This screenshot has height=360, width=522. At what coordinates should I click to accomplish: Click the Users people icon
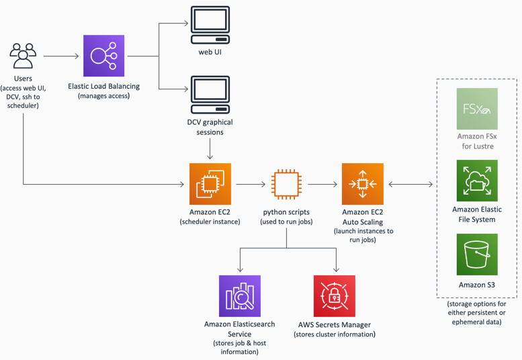(23, 56)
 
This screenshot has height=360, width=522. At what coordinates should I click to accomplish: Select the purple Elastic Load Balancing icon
(104, 56)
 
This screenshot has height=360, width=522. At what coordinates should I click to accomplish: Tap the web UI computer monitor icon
(210, 25)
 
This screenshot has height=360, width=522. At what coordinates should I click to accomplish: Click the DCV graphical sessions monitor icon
(210, 95)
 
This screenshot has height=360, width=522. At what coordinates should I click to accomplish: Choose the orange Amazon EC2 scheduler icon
(210, 183)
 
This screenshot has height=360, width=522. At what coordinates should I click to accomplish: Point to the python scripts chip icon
(286, 183)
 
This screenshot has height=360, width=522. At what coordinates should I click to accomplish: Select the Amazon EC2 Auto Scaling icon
(362, 183)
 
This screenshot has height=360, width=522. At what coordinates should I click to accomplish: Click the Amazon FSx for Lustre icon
(477, 109)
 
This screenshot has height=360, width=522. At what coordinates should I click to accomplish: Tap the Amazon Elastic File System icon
(477, 181)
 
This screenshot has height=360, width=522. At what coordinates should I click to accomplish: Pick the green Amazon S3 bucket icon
(477, 254)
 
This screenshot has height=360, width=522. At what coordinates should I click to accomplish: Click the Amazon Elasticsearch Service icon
(240, 296)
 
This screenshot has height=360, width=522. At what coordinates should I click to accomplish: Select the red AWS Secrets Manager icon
(335, 296)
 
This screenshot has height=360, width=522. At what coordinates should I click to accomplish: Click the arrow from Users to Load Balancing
(61, 56)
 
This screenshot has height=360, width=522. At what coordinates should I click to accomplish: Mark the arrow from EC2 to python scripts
(251, 183)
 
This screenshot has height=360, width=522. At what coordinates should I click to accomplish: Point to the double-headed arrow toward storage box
(411, 183)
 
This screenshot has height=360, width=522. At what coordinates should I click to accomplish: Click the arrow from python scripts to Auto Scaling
(322, 183)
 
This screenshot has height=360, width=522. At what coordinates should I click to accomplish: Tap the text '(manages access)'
(104, 96)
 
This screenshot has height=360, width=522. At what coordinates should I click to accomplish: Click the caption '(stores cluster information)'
(335, 334)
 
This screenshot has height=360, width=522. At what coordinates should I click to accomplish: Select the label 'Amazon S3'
(477, 285)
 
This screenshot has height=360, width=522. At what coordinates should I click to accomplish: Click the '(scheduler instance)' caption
(210, 222)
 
